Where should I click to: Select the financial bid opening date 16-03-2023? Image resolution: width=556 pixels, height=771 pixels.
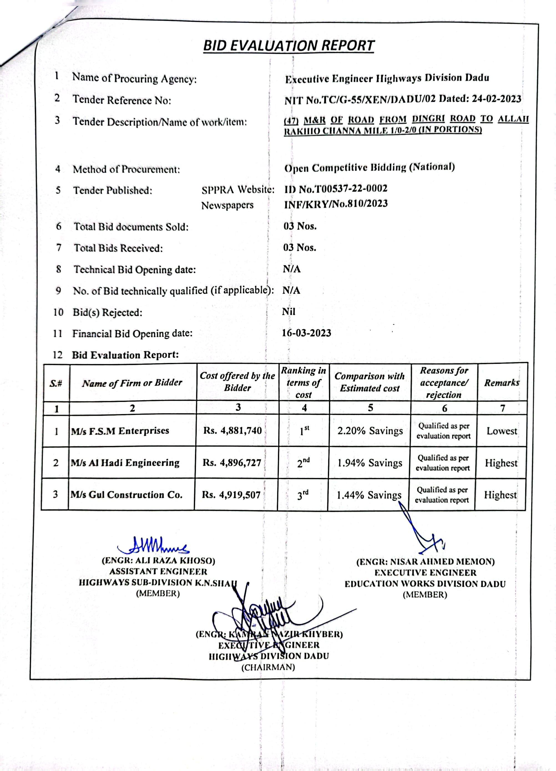(x=306, y=333)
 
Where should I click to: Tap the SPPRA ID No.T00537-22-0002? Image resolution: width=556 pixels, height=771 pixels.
(x=336, y=189)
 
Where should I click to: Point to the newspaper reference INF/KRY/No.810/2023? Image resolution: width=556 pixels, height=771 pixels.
(x=336, y=204)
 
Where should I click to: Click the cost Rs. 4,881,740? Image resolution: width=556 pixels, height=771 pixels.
(x=233, y=431)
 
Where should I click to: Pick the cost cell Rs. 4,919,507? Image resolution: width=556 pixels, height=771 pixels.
(x=231, y=495)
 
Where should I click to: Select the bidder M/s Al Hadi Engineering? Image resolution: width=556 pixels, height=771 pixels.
(x=125, y=463)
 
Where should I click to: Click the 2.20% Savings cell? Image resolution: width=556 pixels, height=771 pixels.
(x=370, y=431)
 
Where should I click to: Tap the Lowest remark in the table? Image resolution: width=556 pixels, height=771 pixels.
(x=502, y=431)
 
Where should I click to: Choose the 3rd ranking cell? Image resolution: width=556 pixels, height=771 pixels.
(x=303, y=495)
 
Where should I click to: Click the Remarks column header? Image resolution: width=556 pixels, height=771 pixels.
(x=502, y=383)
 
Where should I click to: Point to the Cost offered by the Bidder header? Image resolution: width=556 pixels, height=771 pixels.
(x=237, y=382)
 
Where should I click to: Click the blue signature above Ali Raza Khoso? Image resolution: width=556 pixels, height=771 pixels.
(x=153, y=545)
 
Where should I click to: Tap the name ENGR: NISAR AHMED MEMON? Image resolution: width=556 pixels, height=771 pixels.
(x=425, y=562)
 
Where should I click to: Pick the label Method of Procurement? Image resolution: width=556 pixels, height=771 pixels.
(x=126, y=169)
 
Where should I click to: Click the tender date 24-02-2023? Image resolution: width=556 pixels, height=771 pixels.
(x=496, y=99)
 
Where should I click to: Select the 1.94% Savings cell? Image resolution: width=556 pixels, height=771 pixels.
(x=370, y=463)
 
